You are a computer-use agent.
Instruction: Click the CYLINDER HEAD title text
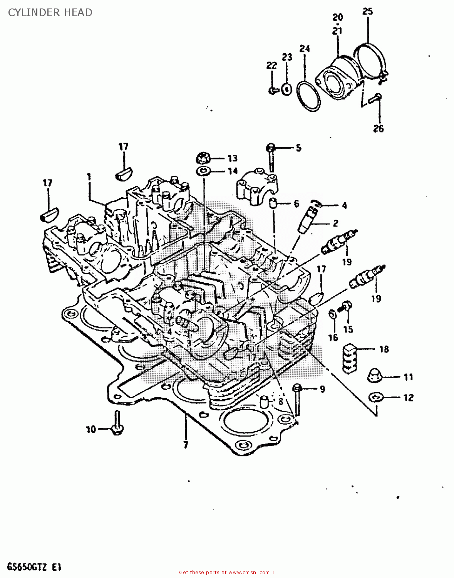pos(50,13)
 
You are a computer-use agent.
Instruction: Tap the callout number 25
pos(368,12)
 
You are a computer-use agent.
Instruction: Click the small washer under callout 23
pos(286,89)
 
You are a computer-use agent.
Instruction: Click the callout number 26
pos(378,128)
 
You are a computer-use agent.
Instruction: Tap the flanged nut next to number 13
pos(203,158)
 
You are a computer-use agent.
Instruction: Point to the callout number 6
pos(296,203)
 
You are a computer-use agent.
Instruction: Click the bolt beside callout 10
pos(117,424)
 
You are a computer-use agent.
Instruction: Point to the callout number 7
pos(186,445)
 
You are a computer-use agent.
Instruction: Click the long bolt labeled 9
pos(297,401)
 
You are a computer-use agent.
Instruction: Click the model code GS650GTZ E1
pos(34,567)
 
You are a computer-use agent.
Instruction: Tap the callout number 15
pos(348,329)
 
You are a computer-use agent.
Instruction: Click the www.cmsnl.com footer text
pos(226,572)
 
